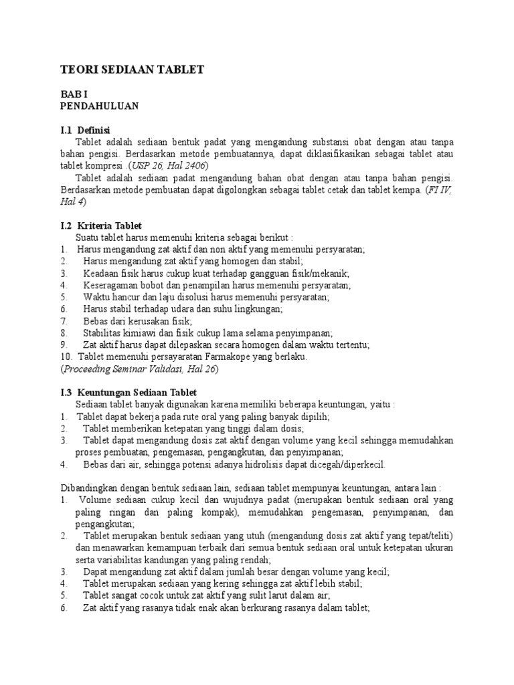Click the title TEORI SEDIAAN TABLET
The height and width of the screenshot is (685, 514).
[132, 70]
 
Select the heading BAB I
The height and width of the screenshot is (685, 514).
[73, 95]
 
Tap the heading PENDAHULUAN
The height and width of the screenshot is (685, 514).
[99, 106]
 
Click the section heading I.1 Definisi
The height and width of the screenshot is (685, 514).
[85, 130]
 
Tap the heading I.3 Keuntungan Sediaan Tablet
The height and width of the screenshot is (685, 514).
[128, 392]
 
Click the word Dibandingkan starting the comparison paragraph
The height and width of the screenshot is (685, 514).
[89, 488]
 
